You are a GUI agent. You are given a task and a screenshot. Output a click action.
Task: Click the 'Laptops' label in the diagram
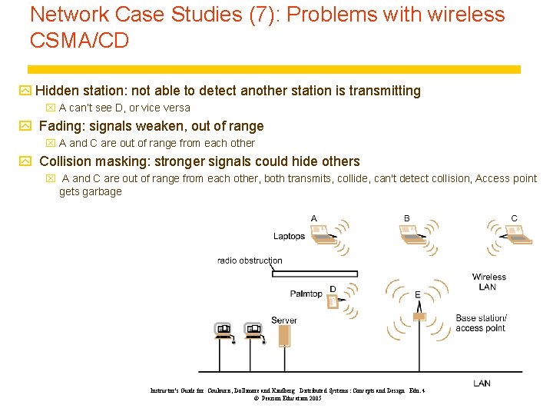point(289,237)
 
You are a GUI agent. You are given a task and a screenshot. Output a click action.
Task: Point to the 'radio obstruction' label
point(250,261)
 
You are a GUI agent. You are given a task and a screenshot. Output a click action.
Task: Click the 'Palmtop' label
point(306,294)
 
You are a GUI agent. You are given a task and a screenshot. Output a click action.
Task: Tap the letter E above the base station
point(417,294)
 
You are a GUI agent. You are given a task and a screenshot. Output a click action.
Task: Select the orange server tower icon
point(284,334)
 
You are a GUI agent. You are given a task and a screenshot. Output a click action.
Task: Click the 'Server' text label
point(283,320)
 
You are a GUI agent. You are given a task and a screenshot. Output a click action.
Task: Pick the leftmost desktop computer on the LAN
point(222,331)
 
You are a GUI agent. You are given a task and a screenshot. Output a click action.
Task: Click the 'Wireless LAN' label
point(488,282)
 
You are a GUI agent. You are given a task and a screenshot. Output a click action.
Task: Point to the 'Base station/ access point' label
point(481,323)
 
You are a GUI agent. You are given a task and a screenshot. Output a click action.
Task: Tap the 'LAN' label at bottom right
point(482,383)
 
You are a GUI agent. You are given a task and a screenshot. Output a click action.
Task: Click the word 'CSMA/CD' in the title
point(79,41)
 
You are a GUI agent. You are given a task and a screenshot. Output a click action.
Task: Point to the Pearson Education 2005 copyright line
point(287,398)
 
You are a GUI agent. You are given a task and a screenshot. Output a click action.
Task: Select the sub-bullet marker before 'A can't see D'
point(51,108)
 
